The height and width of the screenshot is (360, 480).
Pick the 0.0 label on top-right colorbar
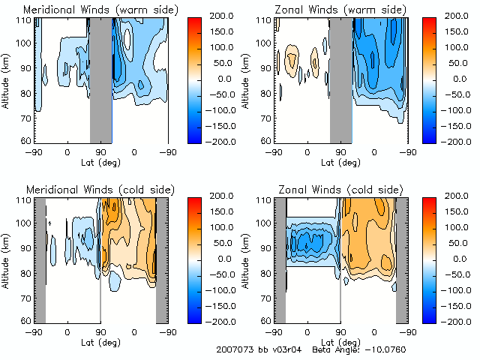(x=457, y=78)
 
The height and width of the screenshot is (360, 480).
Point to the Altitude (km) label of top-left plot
(x=7, y=79)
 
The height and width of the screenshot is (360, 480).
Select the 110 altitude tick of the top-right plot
(x=264, y=19)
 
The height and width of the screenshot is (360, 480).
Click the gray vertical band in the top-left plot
(x=100, y=79)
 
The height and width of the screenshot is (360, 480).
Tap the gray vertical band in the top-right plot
(x=341, y=79)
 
